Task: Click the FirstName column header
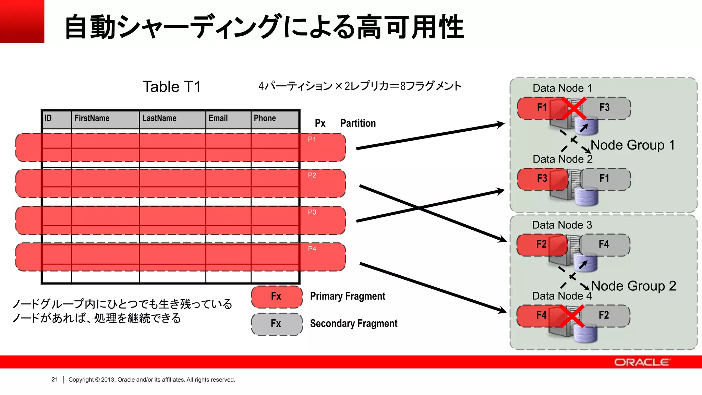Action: (x=92, y=118)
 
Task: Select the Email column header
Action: (x=218, y=118)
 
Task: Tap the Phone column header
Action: (x=265, y=118)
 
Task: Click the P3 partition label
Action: (x=312, y=212)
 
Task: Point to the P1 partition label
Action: (x=312, y=139)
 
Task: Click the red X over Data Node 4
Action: (x=572, y=316)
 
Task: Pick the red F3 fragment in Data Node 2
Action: (x=542, y=179)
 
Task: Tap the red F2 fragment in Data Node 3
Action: (x=541, y=244)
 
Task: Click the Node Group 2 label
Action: (x=633, y=286)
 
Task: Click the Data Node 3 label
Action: (x=562, y=225)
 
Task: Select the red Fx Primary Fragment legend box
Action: (x=277, y=297)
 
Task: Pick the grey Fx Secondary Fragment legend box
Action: (x=277, y=324)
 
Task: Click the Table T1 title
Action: (x=171, y=87)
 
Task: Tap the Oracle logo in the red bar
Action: (x=642, y=362)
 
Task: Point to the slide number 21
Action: (x=55, y=380)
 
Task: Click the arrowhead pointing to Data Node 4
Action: (x=502, y=311)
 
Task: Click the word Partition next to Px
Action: (x=358, y=123)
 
